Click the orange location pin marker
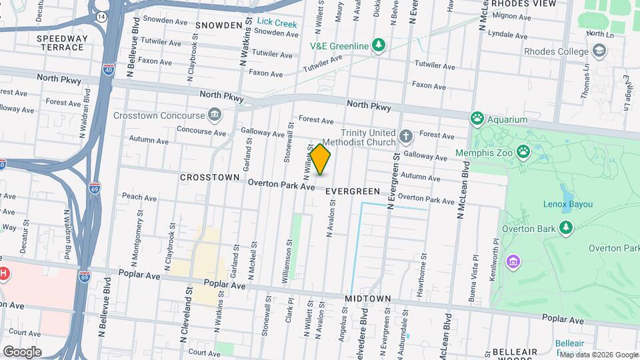321,159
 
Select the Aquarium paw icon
477,119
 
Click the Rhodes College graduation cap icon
598,51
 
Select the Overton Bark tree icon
566,229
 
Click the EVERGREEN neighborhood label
353,191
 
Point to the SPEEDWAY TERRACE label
62,44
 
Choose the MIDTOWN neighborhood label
368,299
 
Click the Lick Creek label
277,23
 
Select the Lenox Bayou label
568,204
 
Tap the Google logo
22,352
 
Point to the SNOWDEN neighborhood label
219,25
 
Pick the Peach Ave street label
139,197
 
